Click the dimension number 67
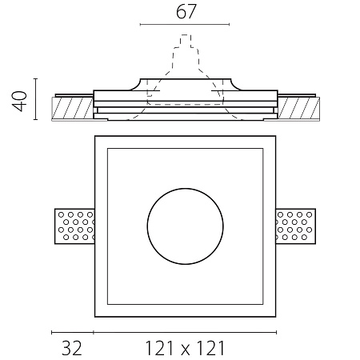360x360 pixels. (x=186, y=12)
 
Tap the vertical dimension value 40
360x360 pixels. (x=20, y=101)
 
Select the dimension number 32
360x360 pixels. (x=72, y=348)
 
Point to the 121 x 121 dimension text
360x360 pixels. (x=185, y=348)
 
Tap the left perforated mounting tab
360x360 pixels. (x=74, y=226)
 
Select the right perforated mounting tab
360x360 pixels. (x=296, y=226)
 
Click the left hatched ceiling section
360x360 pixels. (x=72, y=108)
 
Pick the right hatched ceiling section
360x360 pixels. (x=298, y=108)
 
